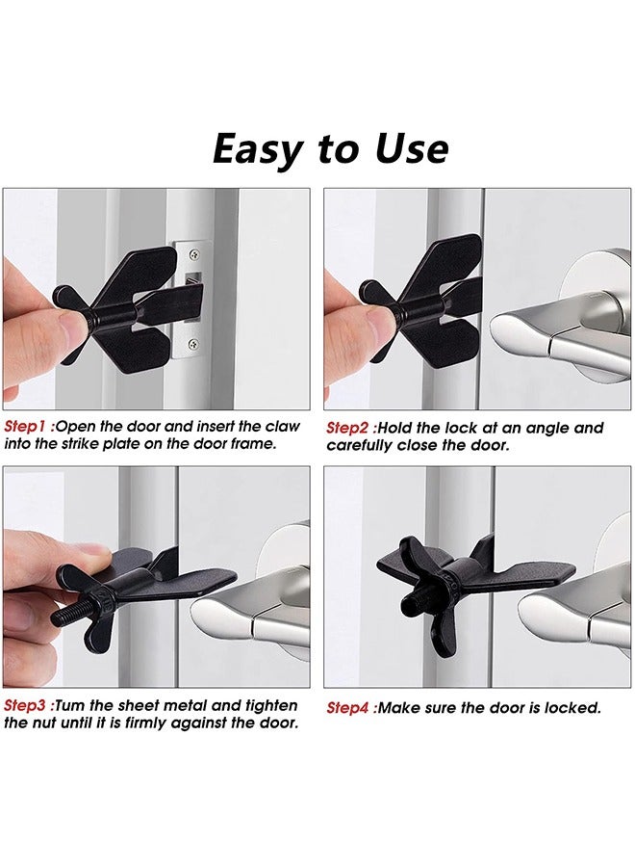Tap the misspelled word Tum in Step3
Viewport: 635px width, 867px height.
tap(73, 706)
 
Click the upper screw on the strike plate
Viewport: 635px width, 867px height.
tap(195, 255)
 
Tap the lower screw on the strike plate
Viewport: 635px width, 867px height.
tap(195, 344)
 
